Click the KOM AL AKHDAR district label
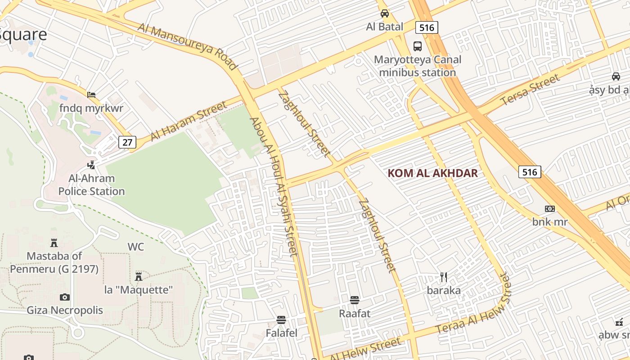pos(432,173)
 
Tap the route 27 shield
pos(128,143)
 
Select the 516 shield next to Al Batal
pos(426,28)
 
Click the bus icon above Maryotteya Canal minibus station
pos(418,46)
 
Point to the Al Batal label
pos(385,27)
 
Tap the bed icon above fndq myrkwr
pos(91,95)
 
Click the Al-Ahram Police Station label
pos(91,185)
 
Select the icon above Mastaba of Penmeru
pos(54,243)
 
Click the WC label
pos(136,247)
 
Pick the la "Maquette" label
pos(139,290)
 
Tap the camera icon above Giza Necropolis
pos(65,297)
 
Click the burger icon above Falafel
pos(281,320)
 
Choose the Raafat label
pos(355,313)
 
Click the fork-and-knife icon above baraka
pos(444,277)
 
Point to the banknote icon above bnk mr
pos(549,209)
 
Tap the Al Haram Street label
pos(189,121)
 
